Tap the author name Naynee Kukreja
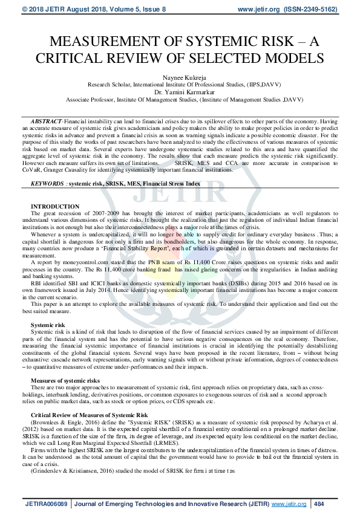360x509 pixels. [180, 77]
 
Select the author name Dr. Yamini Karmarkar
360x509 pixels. [180, 92]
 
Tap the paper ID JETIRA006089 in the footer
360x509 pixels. [46, 503]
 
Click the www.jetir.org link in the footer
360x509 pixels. [287, 503]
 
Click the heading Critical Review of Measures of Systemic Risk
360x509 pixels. [89, 415]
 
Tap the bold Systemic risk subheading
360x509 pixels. [48, 325]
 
